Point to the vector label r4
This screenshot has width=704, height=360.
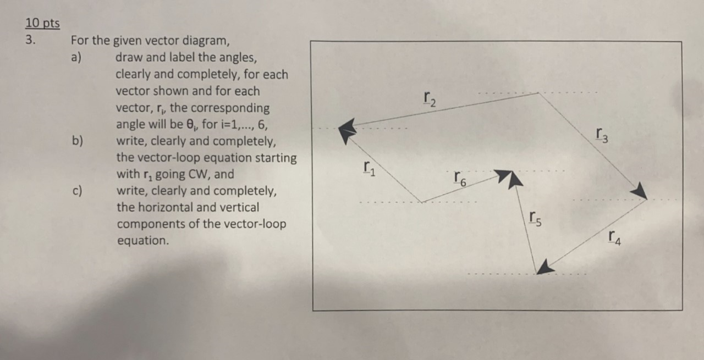point(615,237)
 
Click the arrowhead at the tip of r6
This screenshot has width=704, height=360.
point(509,177)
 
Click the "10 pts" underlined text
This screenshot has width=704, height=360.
point(42,24)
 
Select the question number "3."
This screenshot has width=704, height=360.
point(30,41)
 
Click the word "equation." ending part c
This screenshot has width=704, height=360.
point(142,241)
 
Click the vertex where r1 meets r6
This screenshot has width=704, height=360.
point(421,202)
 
